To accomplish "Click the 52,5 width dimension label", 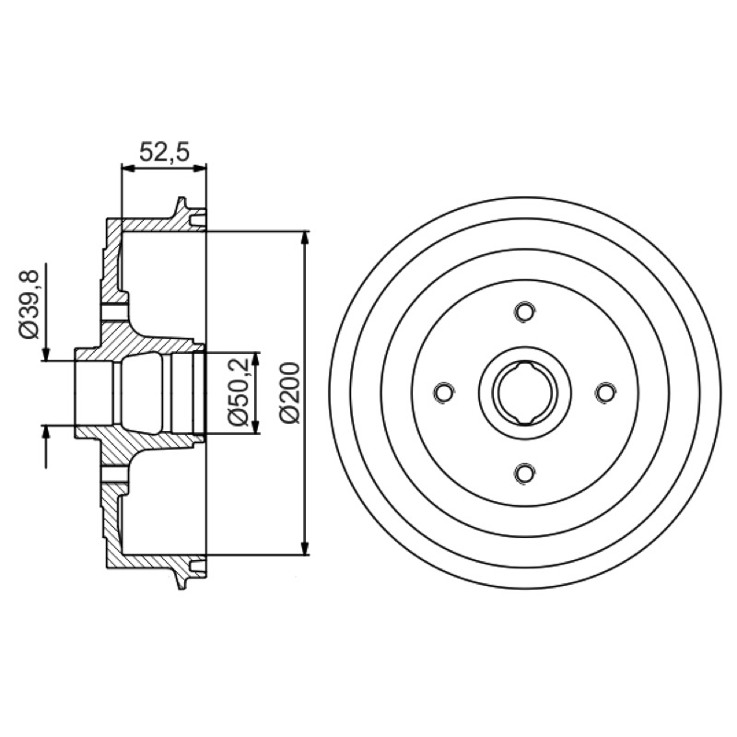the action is (x=164, y=152).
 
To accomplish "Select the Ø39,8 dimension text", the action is (x=29, y=304).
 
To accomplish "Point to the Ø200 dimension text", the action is (x=289, y=392).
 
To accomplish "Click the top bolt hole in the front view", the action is (x=524, y=311).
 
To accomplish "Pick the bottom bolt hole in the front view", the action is (x=524, y=473).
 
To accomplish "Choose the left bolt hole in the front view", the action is (x=444, y=392).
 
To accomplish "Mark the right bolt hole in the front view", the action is (x=605, y=392).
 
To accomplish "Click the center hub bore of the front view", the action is (x=524, y=392).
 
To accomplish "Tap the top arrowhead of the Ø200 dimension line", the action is (x=306, y=238).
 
